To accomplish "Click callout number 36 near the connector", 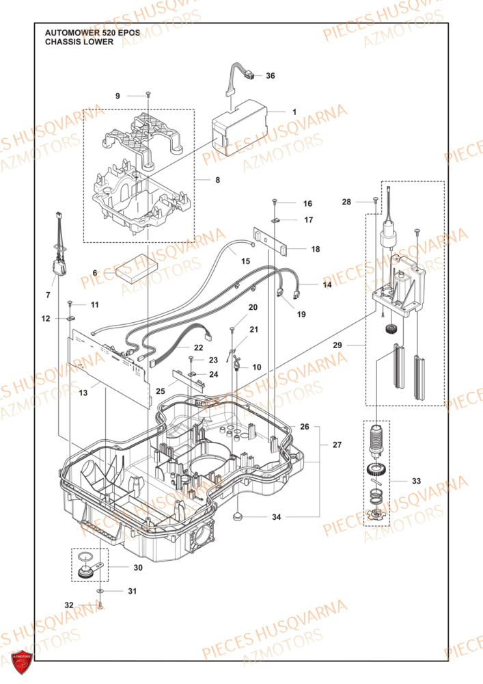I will (x=270, y=76).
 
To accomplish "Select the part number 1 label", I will (x=294, y=111).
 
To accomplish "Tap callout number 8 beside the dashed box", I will (x=217, y=181).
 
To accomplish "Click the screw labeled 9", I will (x=147, y=95).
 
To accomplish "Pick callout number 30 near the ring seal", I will (x=138, y=568).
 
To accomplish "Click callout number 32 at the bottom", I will (x=68, y=605).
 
